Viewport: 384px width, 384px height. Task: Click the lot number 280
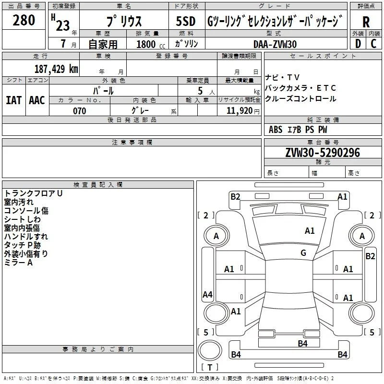coord(24,20)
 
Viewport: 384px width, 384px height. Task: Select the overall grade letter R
coord(366,22)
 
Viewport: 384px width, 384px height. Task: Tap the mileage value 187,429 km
coord(56,69)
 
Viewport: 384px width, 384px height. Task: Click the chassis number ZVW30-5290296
coord(323,153)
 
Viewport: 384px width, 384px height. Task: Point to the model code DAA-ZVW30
coord(275,44)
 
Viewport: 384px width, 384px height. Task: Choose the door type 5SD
coord(186,21)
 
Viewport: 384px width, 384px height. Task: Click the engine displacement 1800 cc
coord(151,44)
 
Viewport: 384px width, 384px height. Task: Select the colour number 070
coord(80,111)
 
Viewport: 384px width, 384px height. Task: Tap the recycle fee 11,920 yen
coord(243,111)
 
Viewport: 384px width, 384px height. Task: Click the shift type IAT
coord(14,100)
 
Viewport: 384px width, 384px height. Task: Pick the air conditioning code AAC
coord(37,100)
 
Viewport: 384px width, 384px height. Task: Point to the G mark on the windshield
coord(303,252)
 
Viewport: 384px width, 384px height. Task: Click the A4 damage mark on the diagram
coord(207,294)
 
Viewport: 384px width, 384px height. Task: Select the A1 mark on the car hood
coord(310,231)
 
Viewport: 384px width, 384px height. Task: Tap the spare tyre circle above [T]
coord(210,350)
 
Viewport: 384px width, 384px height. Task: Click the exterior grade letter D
coord(358,44)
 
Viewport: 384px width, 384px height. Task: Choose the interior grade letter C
coord(373,44)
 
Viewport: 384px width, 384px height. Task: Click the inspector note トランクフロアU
coord(33,193)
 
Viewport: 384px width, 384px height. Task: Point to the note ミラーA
coord(18,263)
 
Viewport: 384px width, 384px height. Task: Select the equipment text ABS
coord(276,130)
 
